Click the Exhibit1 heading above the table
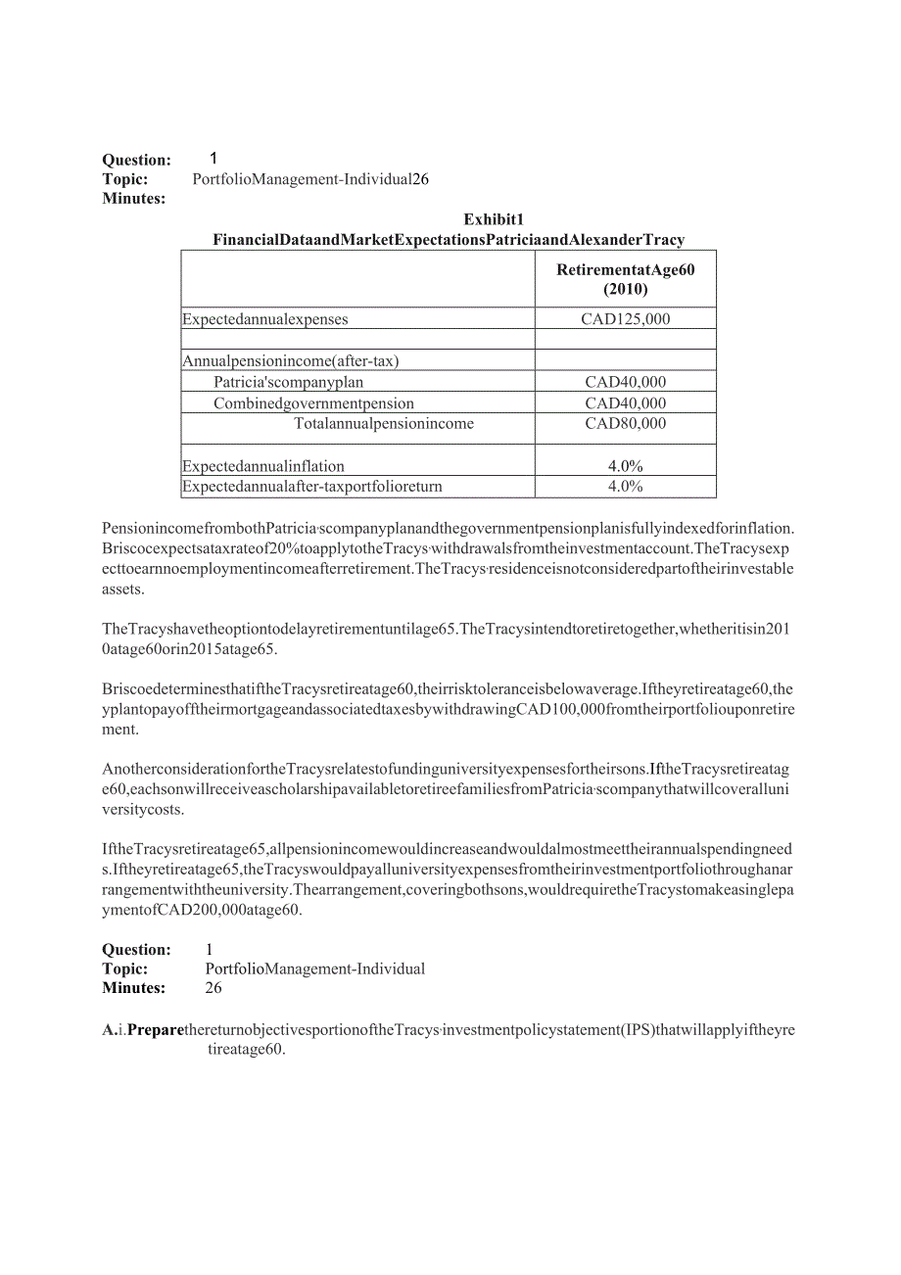pyautogui.click(x=494, y=219)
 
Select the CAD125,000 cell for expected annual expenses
pyautogui.click(x=625, y=319)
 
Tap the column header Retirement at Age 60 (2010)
pyautogui.click(x=625, y=279)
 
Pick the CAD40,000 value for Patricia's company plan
pyautogui.click(x=625, y=383)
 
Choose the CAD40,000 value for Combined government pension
pyautogui.click(x=625, y=403)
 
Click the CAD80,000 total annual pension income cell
pyautogui.click(x=625, y=424)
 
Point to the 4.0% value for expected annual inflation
pyautogui.click(x=625, y=467)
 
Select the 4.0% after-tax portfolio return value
pyautogui.click(x=625, y=487)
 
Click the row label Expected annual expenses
pyautogui.click(x=265, y=319)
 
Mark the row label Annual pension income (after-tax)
pyautogui.click(x=291, y=361)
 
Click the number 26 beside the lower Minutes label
pyautogui.click(x=213, y=988)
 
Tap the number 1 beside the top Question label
pyautogui.click(x=213, y=159)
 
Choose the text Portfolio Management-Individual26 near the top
pyautogui.click(x=310, y=179)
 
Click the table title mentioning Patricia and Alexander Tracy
pyautogui.click(x=449, y=240)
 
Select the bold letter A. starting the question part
pyautogui.click(x=110, y=1030)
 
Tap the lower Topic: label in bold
pyautogui.click(x=125, y=969)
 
